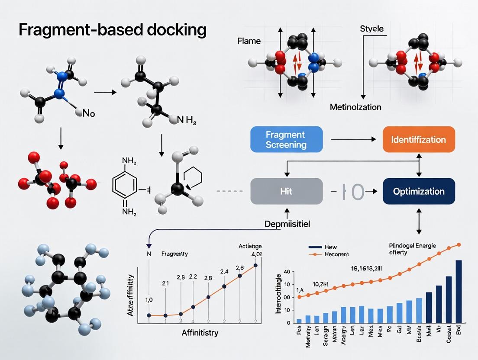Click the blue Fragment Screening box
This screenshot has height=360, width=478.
(x=286, y=139)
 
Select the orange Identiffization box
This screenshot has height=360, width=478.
(x=418, y=139)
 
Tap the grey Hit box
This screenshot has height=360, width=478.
(x=286, y=191)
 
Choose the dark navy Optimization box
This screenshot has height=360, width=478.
(x=418, y=191)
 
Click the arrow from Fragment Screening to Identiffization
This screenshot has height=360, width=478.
(x=352, y=139)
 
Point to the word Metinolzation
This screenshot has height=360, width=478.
(x=355, y=106)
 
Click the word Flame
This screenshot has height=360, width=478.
(x=249, y=42)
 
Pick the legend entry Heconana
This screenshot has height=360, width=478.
(x=336, y=255)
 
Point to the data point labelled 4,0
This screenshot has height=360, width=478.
(x=255, y=265)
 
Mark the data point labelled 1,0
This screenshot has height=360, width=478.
(x=149, y=315)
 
